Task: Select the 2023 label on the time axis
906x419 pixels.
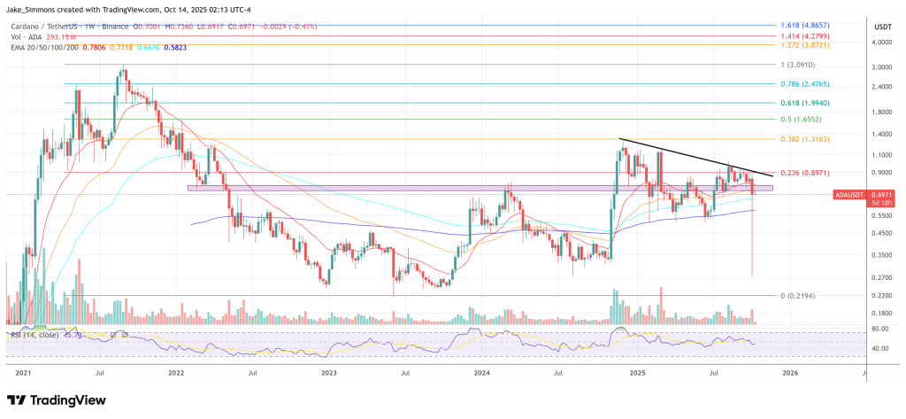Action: pyautogui.click(x=329, y=373)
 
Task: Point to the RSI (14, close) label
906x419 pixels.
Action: pyautogui.click(x=36, y=336)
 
